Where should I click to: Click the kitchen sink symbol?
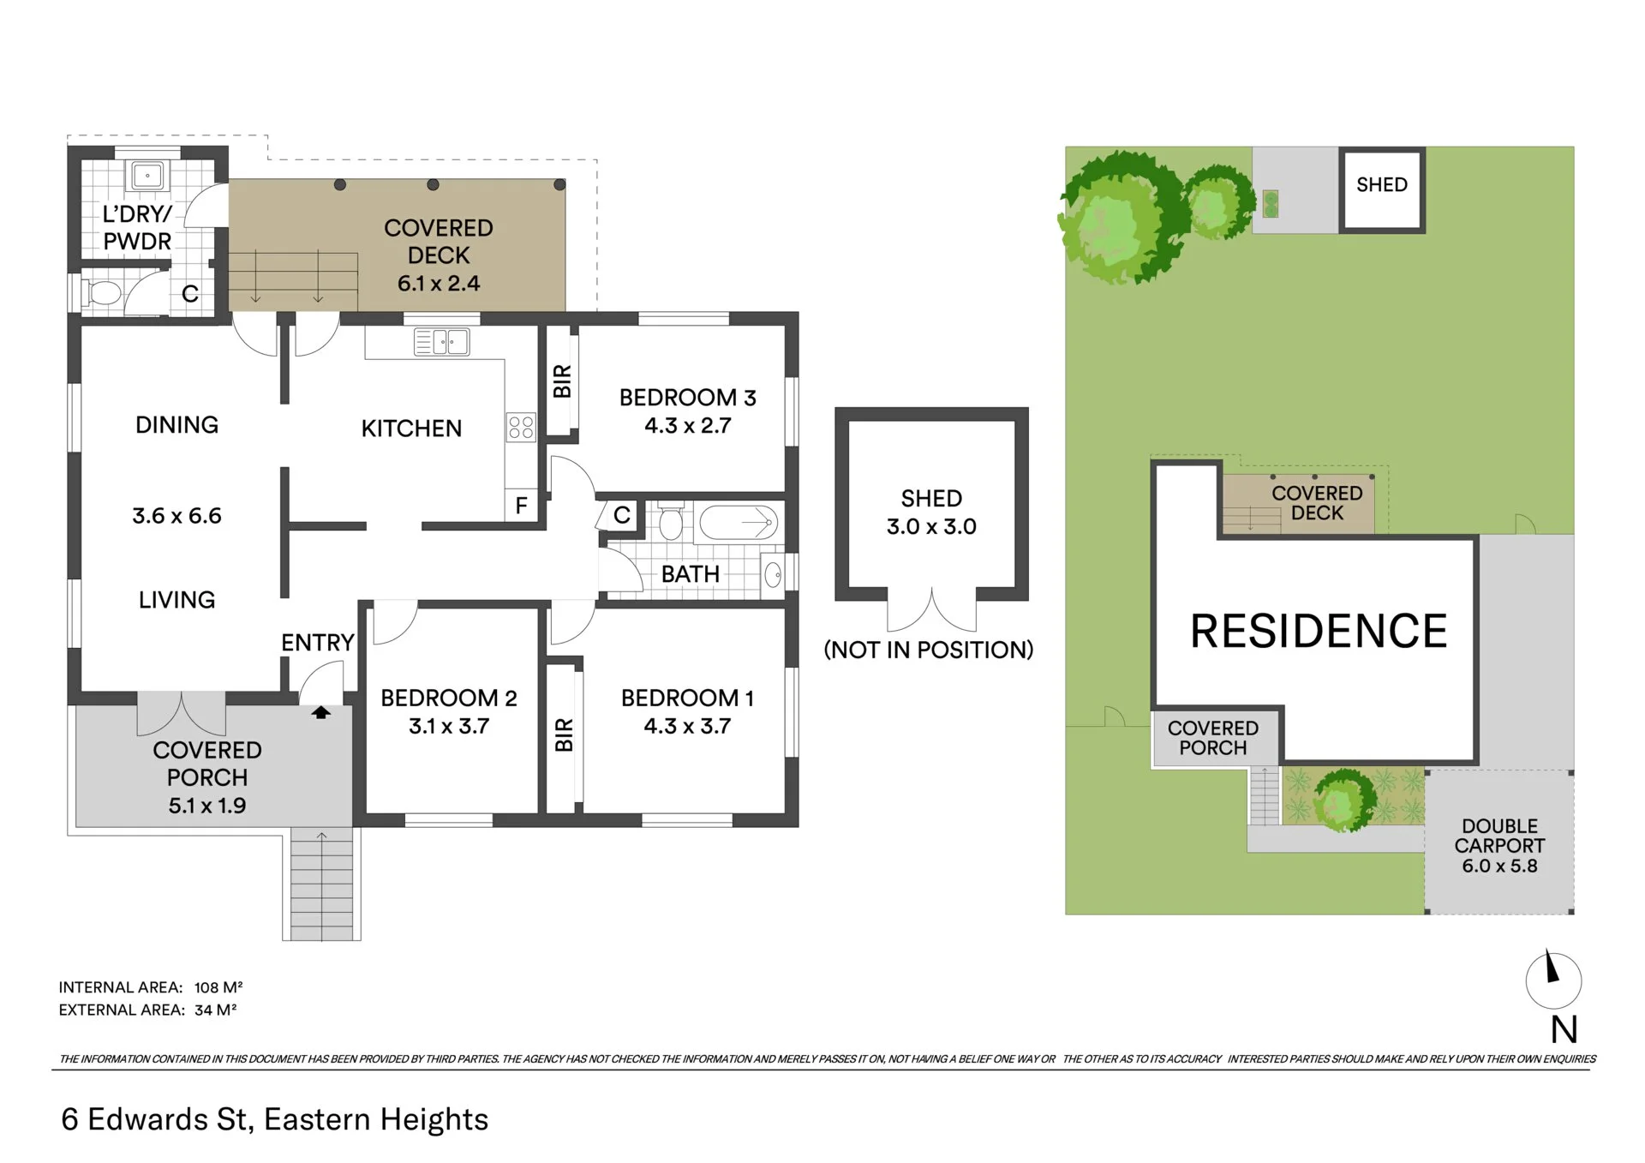pyautogui.click(x=441, y=342)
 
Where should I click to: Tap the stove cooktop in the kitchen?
pyautogui.click(x=521, y=427)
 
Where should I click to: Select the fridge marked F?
pyautogui.click(x=521, y=506)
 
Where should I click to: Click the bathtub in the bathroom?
pyautogui.click(x=738, y=522)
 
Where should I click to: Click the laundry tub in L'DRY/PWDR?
pyautogui.click(x=147, y=176)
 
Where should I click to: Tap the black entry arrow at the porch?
pyautogui.click(x=321, y=711)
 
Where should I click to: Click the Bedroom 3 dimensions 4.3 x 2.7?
pyautogui.click(x=688, y=426)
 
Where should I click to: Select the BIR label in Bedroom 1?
pyautogui.click(x=563, y=735)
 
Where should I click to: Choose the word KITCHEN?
pyautogui.click(x=411, y=429)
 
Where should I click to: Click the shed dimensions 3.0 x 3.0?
pyautogui.click(x=931, y=526)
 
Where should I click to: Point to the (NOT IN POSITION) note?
pyautogui.click(x=929, y=650)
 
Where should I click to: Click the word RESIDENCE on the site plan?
pyautogui.click(x=1319, y=632)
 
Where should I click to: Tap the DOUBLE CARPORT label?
pyautogui.click(x=1499, y=836)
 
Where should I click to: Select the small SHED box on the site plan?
pyautogui.click(x=1382, y=189)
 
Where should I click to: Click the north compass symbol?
pyautogui.click(x=1553, y=980)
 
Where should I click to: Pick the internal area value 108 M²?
pyautogui.click(x=218, y=987)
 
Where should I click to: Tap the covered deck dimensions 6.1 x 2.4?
pyautogui.click(x=439, y=284)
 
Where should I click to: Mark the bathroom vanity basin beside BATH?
pyautogui.click(x=772, y=574)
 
